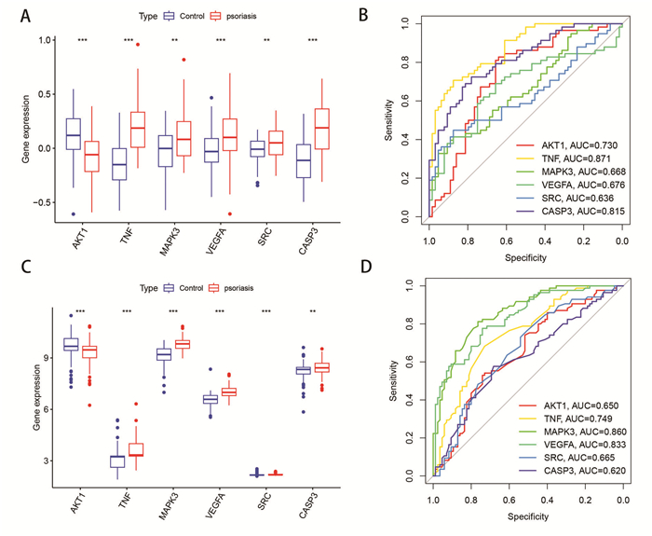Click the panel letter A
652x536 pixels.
(x=25, y=17)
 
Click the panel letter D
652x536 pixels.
(x=366, y=267)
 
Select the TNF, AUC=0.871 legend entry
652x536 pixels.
(x=570, y=158)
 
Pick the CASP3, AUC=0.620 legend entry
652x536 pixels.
(x=572, y=471)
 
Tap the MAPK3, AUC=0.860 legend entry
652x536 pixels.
(x=573, y=432)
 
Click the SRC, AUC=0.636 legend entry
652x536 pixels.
(x=565, y=198)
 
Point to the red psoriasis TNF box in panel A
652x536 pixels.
(x=138, y=130)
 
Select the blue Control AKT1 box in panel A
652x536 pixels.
(x=74, y=133)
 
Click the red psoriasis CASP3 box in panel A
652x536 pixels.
(x=322, y=129)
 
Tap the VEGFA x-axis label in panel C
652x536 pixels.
(x=215, y=505)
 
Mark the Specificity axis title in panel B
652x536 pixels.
(x=525, y=258)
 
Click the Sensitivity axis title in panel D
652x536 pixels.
(x=393, y=380)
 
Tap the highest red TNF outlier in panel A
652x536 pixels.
(x=138, y=45)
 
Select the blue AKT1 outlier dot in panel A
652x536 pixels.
(x=74, y=213)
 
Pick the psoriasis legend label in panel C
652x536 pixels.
(x=238, y=288)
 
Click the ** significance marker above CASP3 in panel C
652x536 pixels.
(x=312, y=311)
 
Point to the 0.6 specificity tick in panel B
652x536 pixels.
(x=507, y=241)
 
